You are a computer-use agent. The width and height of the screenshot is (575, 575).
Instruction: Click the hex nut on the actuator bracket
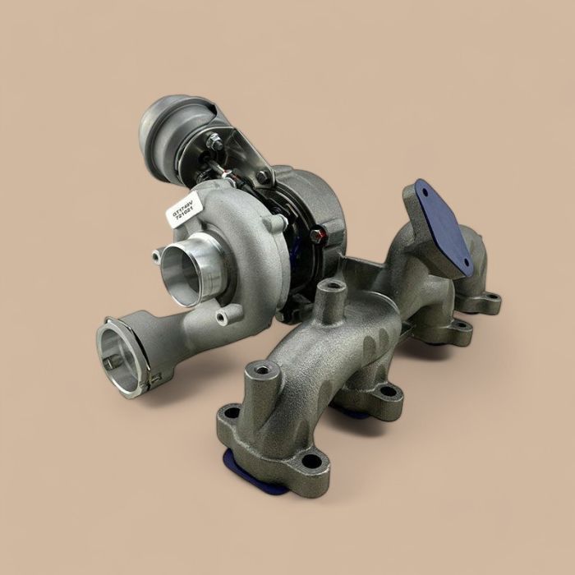[215, 142]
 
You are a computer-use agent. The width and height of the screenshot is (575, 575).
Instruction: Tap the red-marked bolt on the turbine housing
[318, 236]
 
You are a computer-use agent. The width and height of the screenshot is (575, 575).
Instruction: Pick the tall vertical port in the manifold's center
[332, 289]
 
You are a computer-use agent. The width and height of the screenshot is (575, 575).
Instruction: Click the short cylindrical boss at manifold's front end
[263, 371]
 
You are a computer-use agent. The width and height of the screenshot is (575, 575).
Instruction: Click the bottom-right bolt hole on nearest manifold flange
[310, 461]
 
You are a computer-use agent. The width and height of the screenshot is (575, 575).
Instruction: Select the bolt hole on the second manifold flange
[386, 392]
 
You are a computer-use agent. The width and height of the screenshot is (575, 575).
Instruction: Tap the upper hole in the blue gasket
[425, 191]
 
